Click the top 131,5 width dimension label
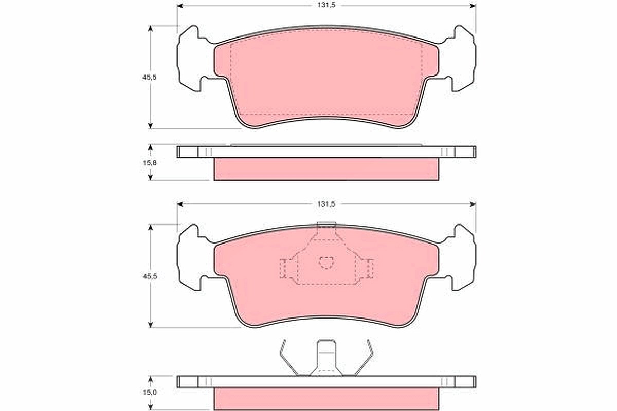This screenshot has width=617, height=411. [326, 5]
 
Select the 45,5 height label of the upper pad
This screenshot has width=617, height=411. [149, 78]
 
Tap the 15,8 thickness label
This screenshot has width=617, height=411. [150, 163]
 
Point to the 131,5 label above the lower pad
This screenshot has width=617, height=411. [326, 204]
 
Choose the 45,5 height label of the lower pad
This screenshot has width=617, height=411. [150, 276]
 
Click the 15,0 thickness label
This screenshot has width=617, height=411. [150, 392]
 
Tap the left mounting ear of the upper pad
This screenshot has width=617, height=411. [194, 59]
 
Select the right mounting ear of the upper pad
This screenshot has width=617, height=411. [458, 59]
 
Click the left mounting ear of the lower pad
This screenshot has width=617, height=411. [194, 257]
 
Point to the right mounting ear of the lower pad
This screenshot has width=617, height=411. [458, 257]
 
